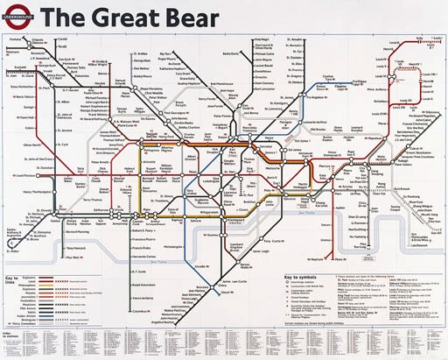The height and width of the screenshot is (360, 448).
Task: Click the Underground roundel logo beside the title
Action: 19,15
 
